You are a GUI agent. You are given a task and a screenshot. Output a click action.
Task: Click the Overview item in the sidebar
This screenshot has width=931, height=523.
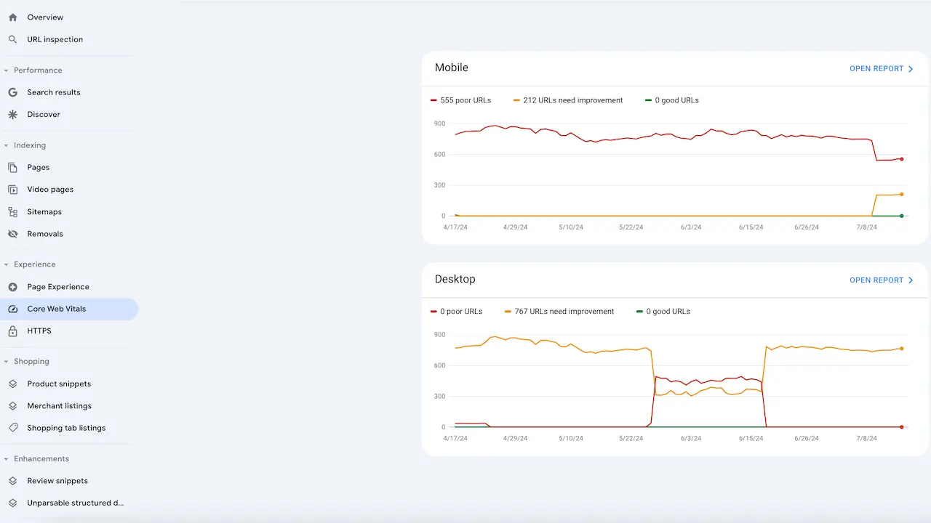click(x=45, y=17)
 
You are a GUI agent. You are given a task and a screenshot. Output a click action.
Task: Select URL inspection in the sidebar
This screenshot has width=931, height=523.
click(x=55, y=39)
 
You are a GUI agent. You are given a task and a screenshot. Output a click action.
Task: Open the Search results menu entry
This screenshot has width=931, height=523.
click(x=54, y=92)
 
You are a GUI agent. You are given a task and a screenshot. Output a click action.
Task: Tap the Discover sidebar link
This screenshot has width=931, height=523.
click(x=44, y=114)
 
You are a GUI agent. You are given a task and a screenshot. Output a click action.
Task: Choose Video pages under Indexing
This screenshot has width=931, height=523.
click(x=50, y=190)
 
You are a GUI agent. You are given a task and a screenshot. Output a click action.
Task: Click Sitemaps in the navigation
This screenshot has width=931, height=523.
click(x=44, y=212)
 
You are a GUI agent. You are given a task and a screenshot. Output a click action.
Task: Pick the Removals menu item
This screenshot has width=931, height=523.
click(x=45, y=234)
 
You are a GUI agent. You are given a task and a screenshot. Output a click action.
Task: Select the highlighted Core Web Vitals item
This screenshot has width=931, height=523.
click(x=57, y=309)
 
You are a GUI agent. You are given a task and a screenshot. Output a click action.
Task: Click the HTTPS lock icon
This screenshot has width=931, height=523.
click(x=12, y=331)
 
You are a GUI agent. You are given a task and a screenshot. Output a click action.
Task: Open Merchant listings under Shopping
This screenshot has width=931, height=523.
click(x=60, y=406)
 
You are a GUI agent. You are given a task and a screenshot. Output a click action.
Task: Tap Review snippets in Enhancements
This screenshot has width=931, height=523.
click(x=57, y=481)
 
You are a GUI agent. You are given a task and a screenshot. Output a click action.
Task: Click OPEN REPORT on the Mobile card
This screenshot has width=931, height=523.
click(x=881, y=69)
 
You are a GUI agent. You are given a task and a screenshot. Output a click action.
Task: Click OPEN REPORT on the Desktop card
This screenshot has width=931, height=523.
click(x=881, y=280)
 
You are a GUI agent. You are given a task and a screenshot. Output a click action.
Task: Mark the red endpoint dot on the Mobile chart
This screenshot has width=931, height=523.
click(x=902, y=159)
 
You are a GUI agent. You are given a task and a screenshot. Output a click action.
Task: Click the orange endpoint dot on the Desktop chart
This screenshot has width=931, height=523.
click(x=902, y=349)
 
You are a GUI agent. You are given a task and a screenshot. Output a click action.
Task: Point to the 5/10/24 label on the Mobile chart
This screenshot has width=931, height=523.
click(x=571, y=227)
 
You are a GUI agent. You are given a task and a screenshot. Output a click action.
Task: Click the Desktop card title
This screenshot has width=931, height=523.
click(x=455, y=279)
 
